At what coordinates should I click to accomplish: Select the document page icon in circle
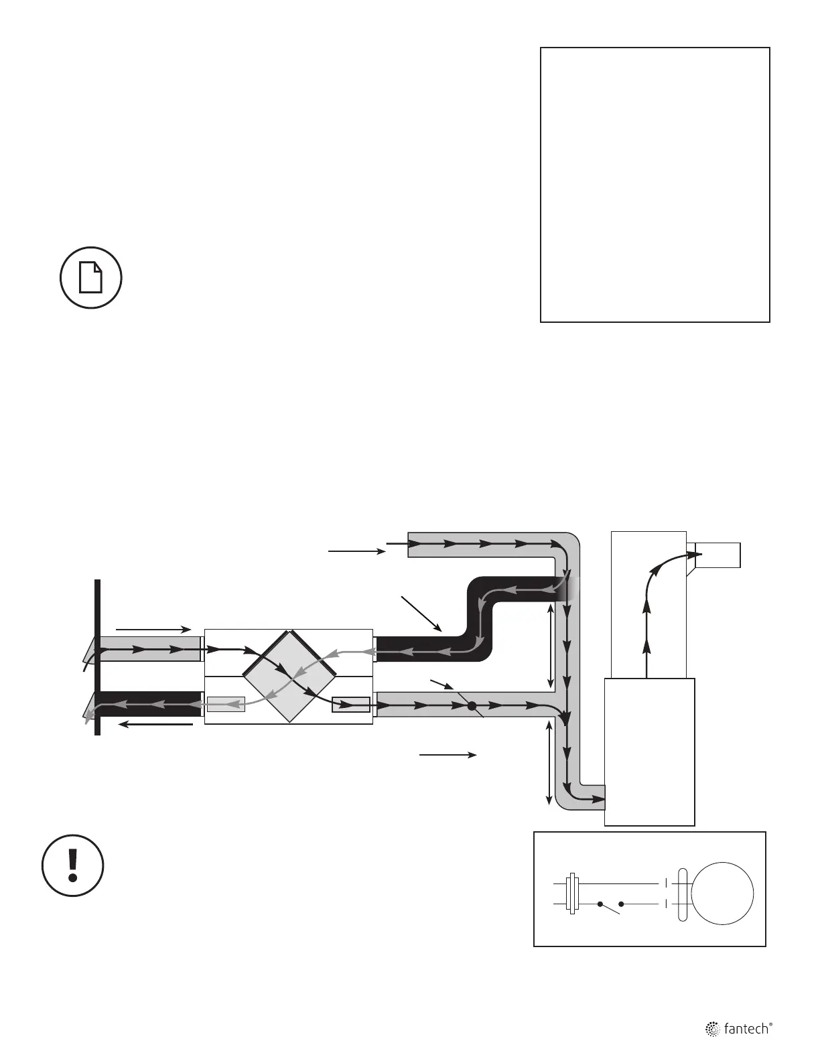coord(91,277)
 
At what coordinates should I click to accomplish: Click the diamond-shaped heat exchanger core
coord(289,677)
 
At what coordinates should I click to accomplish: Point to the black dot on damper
coord(472,705)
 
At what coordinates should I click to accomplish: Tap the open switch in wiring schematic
coord(610,906)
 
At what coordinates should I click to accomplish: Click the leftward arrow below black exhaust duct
coord(154,724)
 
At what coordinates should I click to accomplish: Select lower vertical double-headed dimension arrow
coord(550,763)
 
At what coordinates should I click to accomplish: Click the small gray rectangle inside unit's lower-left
coord(226,704)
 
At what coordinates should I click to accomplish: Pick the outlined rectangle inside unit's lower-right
coord(351,705)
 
